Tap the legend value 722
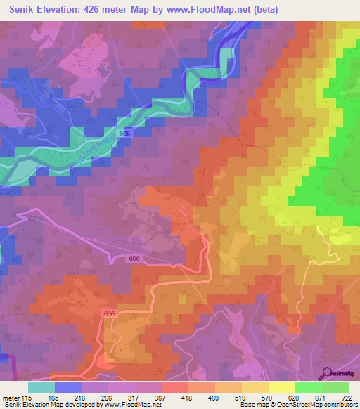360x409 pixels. tap(345, 397)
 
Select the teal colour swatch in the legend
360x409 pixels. tap(41, 387)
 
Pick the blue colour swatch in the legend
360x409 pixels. tap(68, 387)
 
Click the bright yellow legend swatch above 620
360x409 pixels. tap(282, 387)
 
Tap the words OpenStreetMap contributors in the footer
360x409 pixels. tap(321, 405)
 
